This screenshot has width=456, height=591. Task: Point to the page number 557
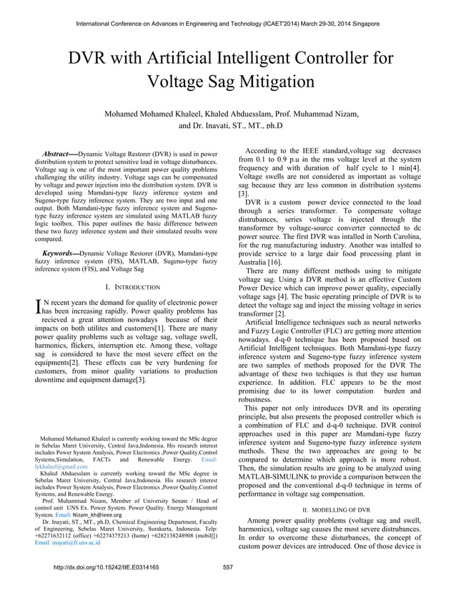(x=229, y=567)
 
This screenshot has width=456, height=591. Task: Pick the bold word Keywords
(x=60, y=254)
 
